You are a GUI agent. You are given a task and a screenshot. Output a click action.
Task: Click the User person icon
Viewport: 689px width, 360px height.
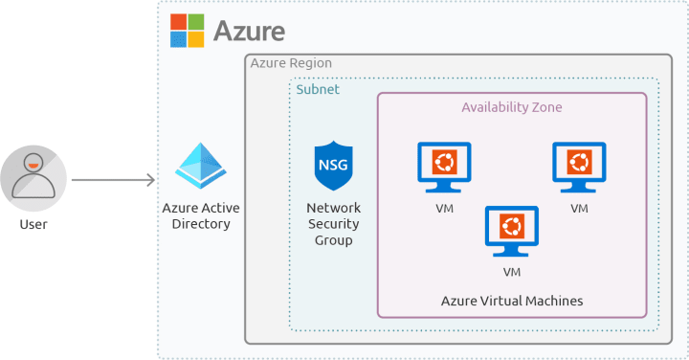coord(33,177)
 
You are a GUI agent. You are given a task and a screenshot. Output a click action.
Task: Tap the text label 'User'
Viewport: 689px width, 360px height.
coord(33,224)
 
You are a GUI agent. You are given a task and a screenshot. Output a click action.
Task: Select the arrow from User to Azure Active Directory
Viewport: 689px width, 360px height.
coord(112,179)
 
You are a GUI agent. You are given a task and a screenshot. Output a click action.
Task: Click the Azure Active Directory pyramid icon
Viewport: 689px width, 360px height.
coord(201,168)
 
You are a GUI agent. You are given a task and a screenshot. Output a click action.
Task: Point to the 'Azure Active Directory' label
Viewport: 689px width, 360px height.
coord(201,215)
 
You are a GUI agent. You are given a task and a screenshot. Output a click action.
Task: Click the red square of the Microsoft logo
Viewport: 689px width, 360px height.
coord(178,22)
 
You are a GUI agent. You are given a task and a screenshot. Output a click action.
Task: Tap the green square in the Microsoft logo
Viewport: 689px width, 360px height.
coord(195,22)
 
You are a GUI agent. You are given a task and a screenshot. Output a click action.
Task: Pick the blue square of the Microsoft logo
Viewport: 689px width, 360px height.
coord(178,39)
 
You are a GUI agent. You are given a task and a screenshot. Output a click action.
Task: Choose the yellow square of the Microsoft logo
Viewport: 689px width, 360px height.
coord(195,39)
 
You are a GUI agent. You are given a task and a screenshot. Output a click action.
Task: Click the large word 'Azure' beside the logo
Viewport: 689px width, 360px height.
coord(249,31)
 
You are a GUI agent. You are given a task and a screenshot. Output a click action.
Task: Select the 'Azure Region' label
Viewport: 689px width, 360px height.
coord(291,63)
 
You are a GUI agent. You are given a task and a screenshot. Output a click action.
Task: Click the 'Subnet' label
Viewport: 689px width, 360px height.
coord(317,89)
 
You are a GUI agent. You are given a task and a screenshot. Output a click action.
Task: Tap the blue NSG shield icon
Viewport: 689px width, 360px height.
coord(332,165)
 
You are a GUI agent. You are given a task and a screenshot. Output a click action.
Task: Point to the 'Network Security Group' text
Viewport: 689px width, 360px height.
coord(332,224)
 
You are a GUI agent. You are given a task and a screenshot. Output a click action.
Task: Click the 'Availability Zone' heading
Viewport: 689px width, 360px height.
coord(512,107)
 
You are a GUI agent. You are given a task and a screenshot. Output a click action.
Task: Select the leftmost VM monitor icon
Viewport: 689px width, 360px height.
coord(444,165)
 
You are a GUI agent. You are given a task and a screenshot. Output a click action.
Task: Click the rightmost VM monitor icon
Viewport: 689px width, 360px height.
coord(579,165)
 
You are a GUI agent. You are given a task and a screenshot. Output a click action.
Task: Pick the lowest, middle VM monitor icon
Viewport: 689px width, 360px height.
coord(512,230)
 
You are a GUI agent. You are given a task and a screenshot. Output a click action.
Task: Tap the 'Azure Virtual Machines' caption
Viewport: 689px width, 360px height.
coord(512,301)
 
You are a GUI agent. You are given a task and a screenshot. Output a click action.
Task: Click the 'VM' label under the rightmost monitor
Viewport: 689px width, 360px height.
coord(579,208)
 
